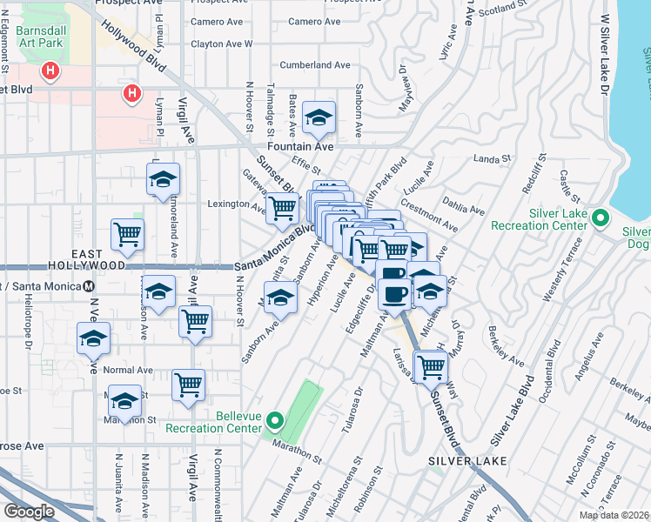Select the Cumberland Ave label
314,65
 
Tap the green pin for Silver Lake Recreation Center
599,217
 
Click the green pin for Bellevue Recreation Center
275,422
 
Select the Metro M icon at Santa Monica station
89,286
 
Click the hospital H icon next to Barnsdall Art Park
51,70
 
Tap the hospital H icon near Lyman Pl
131,91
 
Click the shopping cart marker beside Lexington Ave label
282,208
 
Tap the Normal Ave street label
128,370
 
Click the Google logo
29,512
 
